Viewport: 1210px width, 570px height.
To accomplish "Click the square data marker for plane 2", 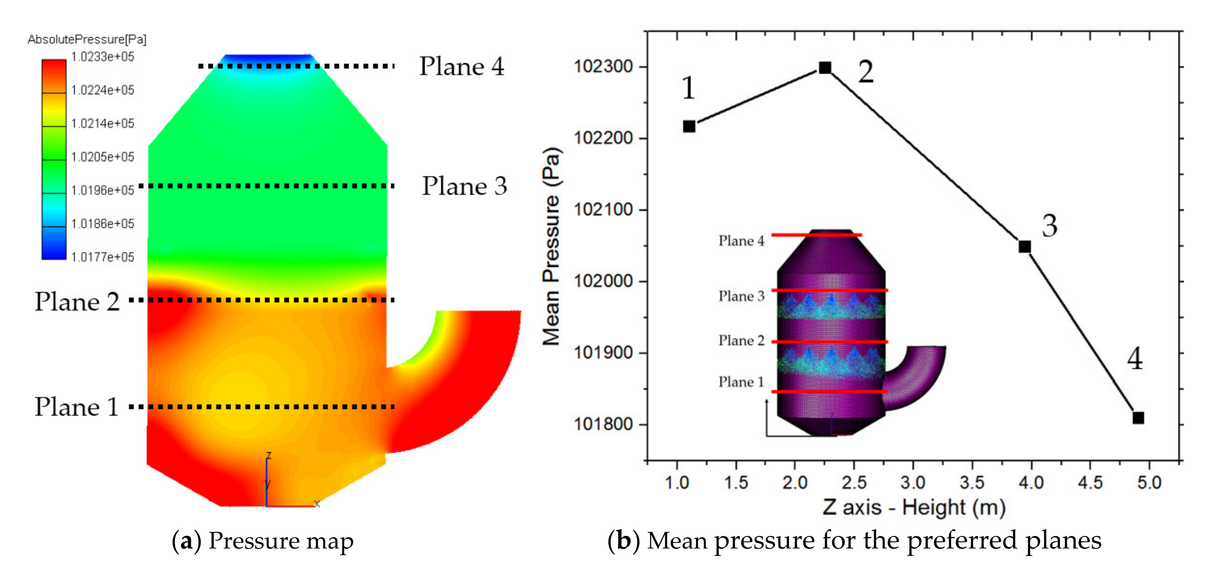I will (825, 68).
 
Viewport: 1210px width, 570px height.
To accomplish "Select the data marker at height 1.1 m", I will (689, 126).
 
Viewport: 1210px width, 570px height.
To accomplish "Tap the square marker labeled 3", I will (1025, 246).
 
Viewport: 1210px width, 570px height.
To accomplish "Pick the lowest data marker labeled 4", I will (1138, 417).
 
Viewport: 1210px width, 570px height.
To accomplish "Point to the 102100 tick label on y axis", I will (603, 210).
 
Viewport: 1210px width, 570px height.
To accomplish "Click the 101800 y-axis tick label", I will (603, 424).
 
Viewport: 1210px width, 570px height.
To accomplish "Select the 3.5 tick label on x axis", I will (972, 483).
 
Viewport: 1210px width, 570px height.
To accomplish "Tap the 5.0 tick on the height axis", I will (1149, 483).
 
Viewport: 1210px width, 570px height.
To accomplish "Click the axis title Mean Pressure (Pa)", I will (551, 247).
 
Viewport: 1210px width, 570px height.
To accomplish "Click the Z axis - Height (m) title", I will (914, 508).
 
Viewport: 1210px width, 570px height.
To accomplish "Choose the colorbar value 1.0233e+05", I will (103, 57).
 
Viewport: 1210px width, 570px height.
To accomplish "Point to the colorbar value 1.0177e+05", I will (103, 257).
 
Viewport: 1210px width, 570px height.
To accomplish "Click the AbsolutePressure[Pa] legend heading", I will (87, 40).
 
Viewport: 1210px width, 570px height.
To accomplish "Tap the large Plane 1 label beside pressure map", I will (76, 407).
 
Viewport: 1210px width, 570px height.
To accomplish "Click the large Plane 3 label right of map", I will (464, 186).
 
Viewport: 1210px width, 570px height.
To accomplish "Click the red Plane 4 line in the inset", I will (816, 234).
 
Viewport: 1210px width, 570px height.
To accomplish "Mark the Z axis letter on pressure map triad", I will (269, 455).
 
